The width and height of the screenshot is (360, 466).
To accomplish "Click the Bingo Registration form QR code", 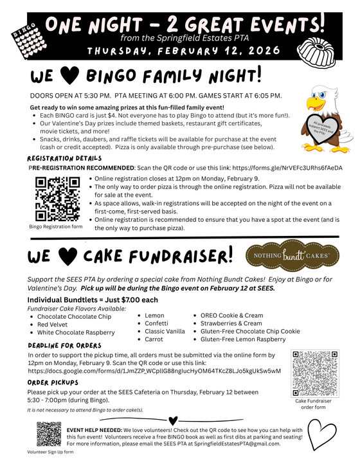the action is [55, 199].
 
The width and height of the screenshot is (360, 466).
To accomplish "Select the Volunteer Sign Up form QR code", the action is [50, 434].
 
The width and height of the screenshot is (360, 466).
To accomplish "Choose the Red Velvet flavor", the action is [53, 325].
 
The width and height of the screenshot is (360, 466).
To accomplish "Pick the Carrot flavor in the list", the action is [154, 339].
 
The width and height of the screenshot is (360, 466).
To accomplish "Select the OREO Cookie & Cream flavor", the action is [231, 316].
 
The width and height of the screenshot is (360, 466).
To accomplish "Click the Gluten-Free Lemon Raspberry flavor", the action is [243, 339].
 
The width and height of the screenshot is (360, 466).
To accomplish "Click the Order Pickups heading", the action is [59, 382].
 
